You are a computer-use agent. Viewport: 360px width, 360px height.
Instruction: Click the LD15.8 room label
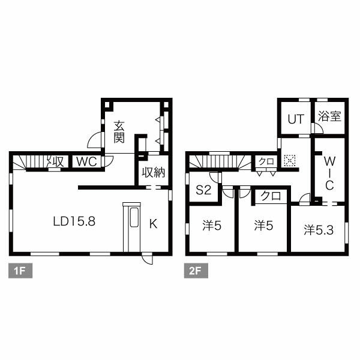tap(74, 221)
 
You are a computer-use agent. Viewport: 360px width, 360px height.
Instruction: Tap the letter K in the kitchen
tap(154, 224)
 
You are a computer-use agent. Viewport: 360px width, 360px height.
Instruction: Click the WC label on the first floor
tap(86, 161)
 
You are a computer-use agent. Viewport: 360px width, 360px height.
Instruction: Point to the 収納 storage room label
tap(154, 172)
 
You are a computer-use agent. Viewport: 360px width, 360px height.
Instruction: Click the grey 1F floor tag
tap(20, 271)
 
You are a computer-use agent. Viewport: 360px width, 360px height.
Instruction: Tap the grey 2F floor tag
tap(196, 271)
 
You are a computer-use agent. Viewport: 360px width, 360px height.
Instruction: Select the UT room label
tap(296, 119)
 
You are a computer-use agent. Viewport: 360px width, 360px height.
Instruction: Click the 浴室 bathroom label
tap(329, 116)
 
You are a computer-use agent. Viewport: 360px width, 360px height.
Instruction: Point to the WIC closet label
tap(329, 173)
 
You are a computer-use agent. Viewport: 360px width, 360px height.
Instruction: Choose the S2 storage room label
tap(203, 190)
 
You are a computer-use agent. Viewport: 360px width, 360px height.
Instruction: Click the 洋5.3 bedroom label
tap(319, 230)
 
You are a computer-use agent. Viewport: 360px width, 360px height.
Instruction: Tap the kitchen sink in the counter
tap(134, 217)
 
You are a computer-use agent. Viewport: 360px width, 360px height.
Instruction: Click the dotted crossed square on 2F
tap(290, 160)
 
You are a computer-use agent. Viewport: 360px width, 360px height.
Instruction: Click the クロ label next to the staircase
tap(266, 161)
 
